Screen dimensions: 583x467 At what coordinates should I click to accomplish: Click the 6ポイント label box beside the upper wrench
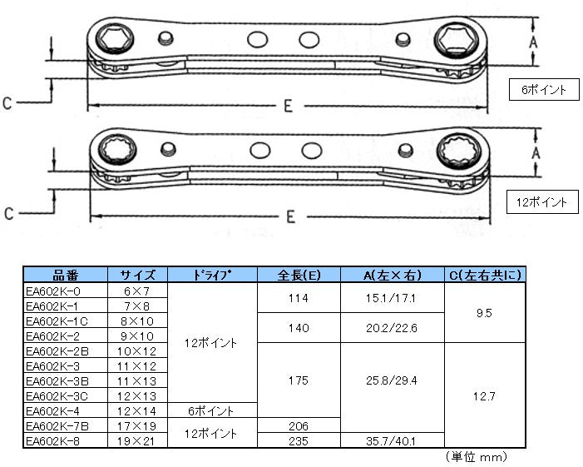pyautogui.click(x=544, y=89)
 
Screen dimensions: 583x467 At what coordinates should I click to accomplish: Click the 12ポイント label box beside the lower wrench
pyautogui.click(x=542, y=202)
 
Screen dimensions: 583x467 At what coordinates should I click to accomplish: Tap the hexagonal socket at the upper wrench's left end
pyautogui.click(x=115, y=38)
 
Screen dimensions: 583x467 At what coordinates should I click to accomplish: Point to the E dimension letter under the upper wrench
pyautogui.click(x=288, y=107)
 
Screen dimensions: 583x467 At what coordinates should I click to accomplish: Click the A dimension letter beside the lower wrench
pyautogui.click(x=536, y=152)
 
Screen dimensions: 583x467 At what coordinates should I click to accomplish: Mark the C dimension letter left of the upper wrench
pyautogui.click(x=7, y=103)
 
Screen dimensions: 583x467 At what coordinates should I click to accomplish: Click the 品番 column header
pyautogui.click(x=66, y=275)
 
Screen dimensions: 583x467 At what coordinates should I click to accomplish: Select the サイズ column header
pyautogui.click(x=137, y=275)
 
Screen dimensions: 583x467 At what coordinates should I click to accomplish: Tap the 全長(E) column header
pyautogui.click(x=299, y=275)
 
